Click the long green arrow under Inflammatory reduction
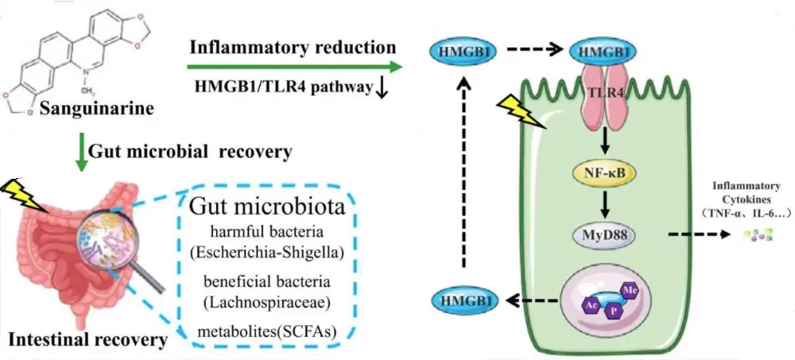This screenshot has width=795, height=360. coord(295,68)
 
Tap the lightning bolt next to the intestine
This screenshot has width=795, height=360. coord(18,192)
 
